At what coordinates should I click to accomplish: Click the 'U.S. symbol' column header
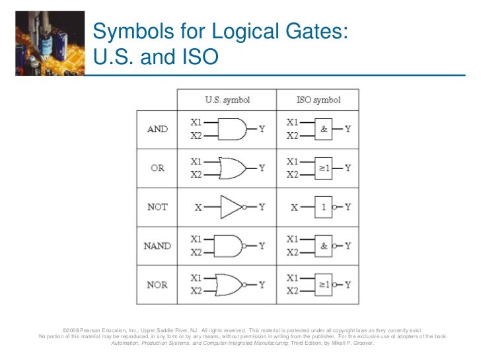[x=227, y=100]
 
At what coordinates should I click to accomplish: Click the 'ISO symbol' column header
[x=318, y=100]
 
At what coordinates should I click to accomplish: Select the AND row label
[x=157, y=129]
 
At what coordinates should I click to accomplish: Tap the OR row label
[x=157, y=168]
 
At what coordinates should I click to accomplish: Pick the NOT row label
[x=157, y=207]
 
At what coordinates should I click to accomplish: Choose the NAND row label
[x=157, y=246]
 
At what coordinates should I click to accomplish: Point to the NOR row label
[x=157, y=285]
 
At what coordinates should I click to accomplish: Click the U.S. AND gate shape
[x=231, y=129]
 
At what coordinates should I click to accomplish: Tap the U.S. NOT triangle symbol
[x=232, y=207]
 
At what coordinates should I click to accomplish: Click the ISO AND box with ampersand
[x=324, y=129]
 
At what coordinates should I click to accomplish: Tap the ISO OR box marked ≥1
[x=324, y=168]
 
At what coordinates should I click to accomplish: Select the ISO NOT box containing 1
[x=324, y=207]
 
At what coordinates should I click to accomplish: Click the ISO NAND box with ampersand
[x=324, y=246]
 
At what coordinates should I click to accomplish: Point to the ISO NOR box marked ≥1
[x=324, y=285]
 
